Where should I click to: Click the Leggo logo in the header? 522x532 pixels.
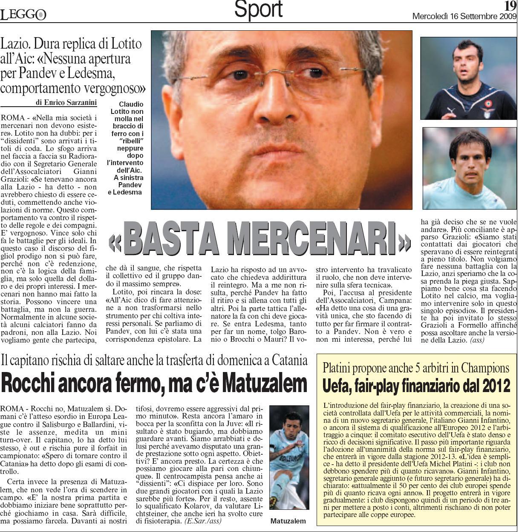point(23,15)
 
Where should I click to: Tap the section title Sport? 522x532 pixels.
point(258,9)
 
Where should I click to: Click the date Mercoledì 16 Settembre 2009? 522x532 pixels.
point(464,17)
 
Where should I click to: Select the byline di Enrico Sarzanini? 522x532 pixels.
point(66,102)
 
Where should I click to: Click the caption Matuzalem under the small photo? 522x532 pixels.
point(288,521)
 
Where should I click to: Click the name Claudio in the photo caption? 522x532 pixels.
point(131,104)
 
